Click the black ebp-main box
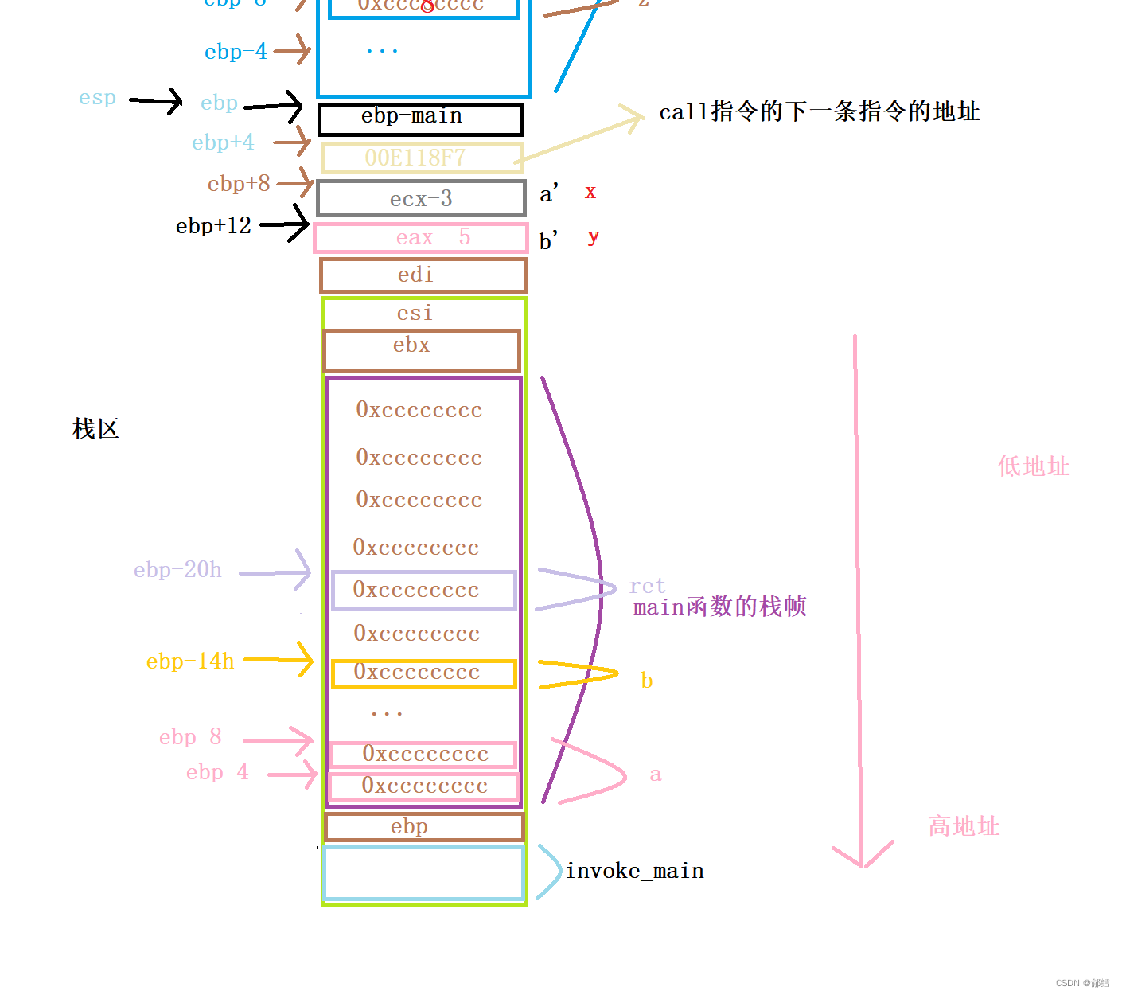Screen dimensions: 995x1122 [x=420, y=119]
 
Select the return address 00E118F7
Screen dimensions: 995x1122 [x=421, y=158]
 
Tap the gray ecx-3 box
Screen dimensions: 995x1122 [x=421, y=198]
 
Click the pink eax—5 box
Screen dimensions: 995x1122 [x=421, y=238]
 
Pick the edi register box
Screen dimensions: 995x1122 [x=423, y=275]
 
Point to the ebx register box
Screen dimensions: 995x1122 [x=421, y=350]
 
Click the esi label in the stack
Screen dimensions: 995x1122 [x=415, y=313]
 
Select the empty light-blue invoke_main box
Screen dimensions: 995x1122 [x=423, y=873]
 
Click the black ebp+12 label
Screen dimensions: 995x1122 [x=213, y=226]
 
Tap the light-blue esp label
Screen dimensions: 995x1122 [x=97, y=99]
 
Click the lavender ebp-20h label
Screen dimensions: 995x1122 [x=177, y=570]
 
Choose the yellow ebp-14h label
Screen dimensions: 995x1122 [x=190, y=661]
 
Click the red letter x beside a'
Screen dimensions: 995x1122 [x=590, y=192]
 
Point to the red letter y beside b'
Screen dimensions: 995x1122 [x=593, y=236]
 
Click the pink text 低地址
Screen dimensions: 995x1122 [x=1033, y=466]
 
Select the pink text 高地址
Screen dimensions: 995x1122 [x=963, y=826]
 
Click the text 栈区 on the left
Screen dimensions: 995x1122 [x=95, y=429]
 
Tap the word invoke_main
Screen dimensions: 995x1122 [x=634, y=872]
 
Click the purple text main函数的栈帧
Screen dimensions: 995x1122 [x=719, y=607]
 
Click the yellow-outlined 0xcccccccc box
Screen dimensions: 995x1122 [x=423, y=673]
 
